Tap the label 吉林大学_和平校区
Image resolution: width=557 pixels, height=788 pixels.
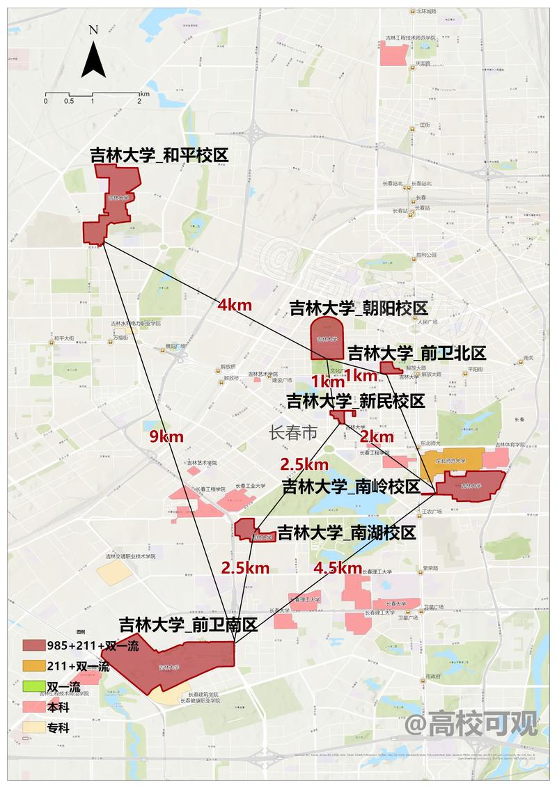(x=159, y=155)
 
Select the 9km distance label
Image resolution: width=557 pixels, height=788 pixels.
(x=166, y=436)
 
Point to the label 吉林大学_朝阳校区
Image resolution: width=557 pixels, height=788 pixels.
(x=359, y=308)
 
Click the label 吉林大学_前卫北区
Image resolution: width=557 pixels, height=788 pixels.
(x=416, y=353)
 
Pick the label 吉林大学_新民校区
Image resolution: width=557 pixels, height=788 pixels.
(x=356, y=401)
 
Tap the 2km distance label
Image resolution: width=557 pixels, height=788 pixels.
(x=377, y=436)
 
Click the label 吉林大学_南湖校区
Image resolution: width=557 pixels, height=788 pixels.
(x=346, y=533)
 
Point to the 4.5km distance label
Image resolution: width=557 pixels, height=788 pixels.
(x=338, y=568)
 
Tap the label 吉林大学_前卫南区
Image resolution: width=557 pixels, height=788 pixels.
(x=188, y=624)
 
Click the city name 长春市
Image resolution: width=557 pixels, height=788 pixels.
(x=292, y=432)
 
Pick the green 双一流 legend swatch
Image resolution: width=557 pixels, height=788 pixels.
(x=32, y=686)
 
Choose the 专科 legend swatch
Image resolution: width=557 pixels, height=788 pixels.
(x=32, y=727)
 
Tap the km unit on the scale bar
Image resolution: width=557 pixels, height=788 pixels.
(x=144, y=93)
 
